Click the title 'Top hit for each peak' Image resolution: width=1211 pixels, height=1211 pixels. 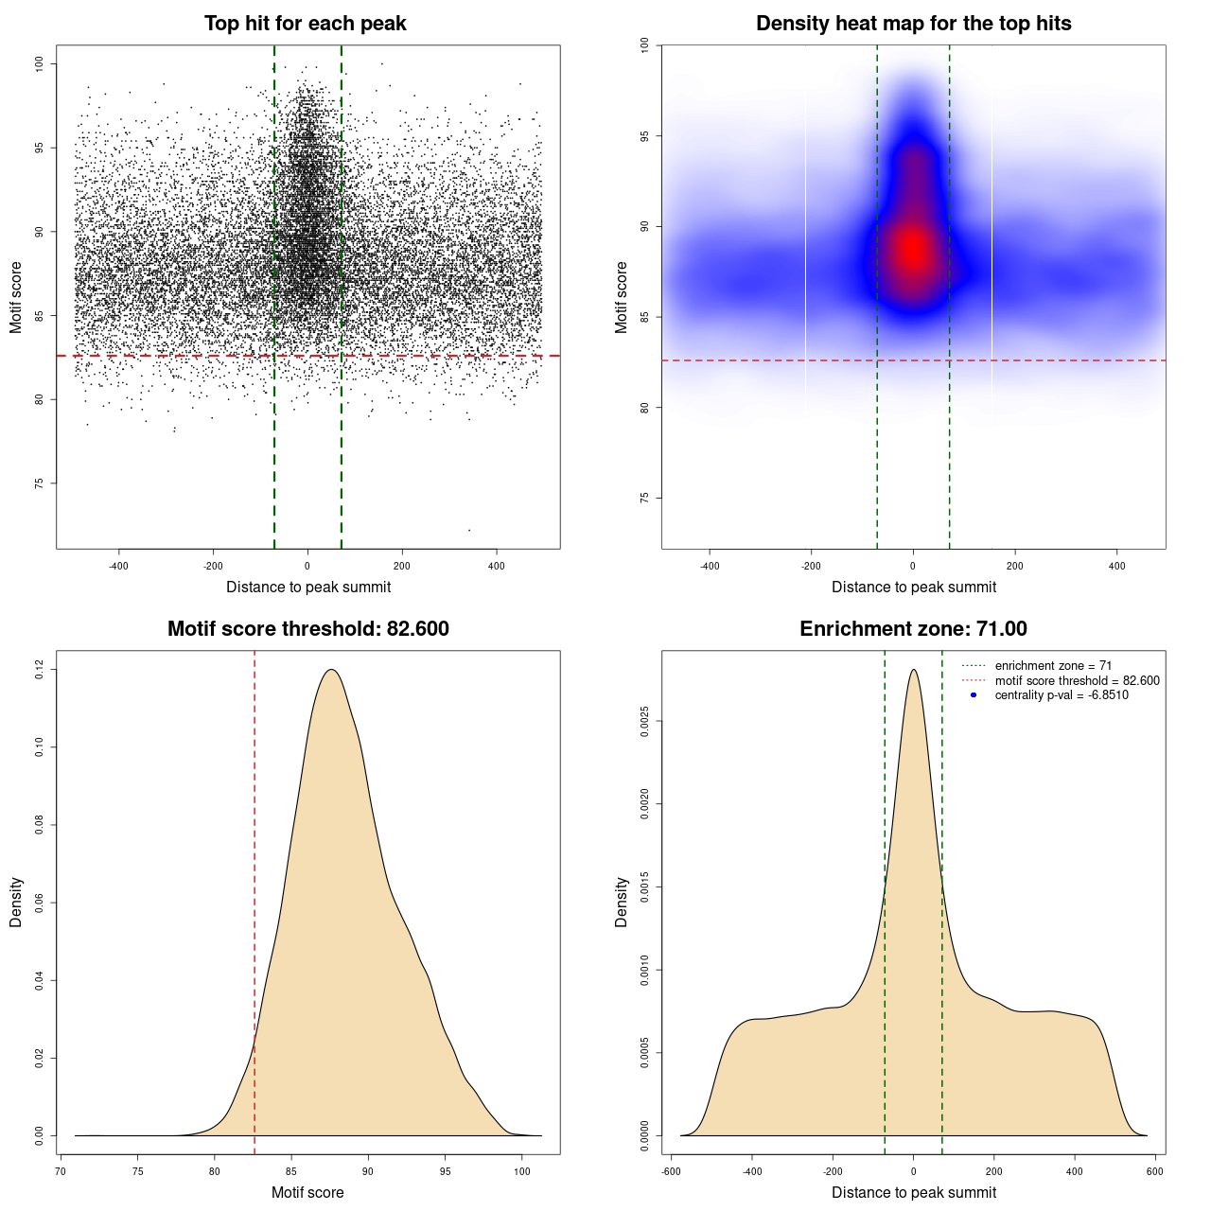pos(305,24)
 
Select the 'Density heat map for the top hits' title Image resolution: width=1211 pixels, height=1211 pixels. pos(913,24)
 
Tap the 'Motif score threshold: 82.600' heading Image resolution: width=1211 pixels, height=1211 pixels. pos(307,629)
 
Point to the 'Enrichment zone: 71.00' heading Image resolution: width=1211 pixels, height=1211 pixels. pos(913,629)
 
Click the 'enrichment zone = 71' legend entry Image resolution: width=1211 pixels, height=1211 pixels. pos(1053,666)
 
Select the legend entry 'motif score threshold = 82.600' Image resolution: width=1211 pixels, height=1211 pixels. pos(1077,680)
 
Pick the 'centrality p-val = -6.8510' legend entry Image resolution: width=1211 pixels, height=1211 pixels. pos(1062,695)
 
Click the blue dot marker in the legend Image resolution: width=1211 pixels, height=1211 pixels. pos(974,695)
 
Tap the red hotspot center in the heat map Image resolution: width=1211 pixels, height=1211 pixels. pos(912,250)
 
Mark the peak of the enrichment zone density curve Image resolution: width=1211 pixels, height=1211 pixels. pos(913,670)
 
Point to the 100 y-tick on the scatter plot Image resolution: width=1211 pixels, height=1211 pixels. pos(40,63)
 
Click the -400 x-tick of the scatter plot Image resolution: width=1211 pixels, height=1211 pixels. pos(118,567)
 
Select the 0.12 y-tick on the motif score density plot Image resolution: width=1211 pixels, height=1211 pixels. pos(40,670)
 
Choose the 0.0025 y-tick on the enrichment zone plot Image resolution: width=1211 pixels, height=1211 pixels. pos(645,722)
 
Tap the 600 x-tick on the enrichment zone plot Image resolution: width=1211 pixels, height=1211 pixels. pos(1154,1171)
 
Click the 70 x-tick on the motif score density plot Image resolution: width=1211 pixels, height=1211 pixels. pos(61,1171)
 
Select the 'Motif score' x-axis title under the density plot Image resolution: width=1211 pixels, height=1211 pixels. pos(307,1192)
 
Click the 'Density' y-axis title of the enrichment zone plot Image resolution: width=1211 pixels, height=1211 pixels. pos(622,902)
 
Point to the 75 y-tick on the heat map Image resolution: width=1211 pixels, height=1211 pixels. pos(645,498)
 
